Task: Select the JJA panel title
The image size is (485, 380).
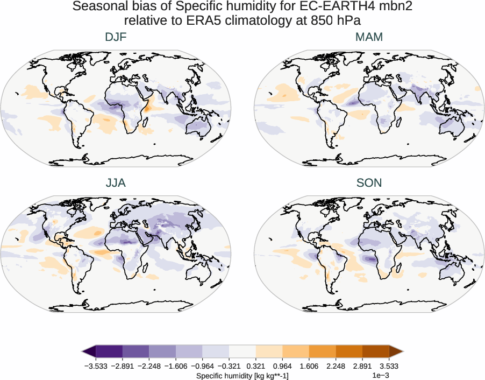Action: click(116, 183)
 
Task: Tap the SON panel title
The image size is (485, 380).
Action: click(369, 183)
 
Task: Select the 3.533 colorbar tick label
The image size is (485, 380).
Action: click(389, 365)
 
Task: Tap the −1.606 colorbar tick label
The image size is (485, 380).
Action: click(176, 365)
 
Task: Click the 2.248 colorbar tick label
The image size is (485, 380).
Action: click(336, 365)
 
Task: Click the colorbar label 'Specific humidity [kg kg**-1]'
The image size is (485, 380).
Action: click(242, 375)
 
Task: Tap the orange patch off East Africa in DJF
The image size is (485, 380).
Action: click(146, 105)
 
